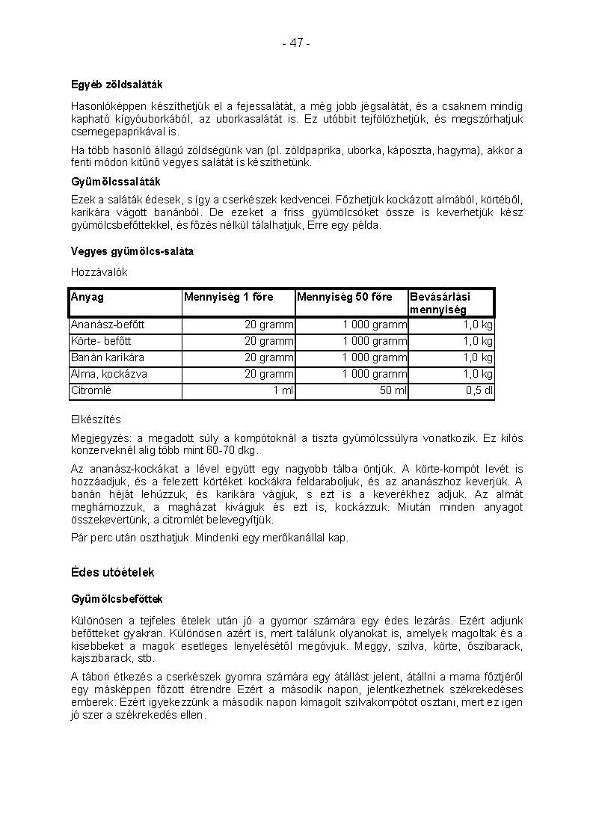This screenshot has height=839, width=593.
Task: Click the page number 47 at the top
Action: coord(296,43)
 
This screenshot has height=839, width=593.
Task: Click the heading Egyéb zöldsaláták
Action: coord(117,85)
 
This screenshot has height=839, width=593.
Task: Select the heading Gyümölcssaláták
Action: coord(116,182)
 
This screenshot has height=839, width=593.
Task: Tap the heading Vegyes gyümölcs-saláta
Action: coord(132,251)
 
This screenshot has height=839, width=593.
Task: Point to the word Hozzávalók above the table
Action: coord(99,272)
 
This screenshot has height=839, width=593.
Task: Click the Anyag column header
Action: coord(87,297)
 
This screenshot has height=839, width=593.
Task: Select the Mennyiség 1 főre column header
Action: coord(229,297)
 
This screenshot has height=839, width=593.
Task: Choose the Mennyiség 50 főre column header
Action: coord(345,297)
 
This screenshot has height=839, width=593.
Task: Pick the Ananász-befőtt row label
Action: coord(108,325)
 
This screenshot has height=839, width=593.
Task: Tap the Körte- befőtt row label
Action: coord(102,341)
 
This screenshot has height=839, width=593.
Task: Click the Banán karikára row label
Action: coord(108,357)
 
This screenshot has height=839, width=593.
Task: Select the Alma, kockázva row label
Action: coord(109,374)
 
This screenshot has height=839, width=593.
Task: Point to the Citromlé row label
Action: coord(91,390)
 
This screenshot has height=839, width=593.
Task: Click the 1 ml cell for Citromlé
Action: coord(283,390)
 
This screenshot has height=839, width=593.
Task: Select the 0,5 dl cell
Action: coord(479,390)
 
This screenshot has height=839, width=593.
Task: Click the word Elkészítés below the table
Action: coord(96,419)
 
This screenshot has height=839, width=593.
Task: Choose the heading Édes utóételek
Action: coord(113,572)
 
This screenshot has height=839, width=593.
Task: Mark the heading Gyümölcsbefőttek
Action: coord(117,599)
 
